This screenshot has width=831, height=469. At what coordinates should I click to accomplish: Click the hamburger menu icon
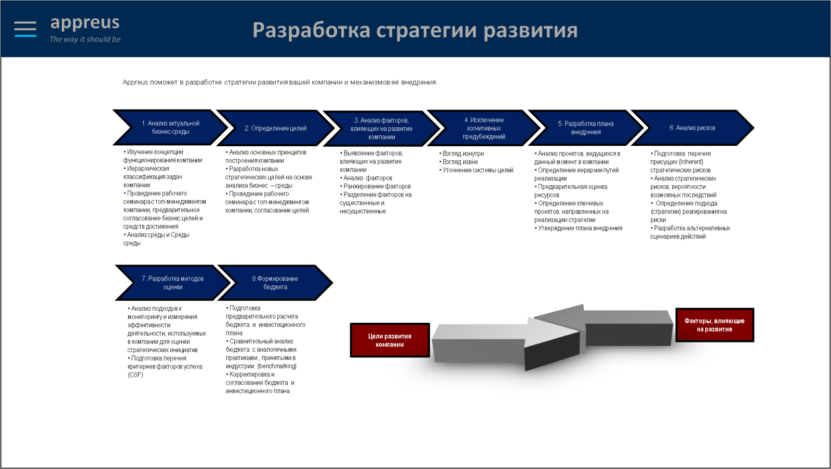[25, 29]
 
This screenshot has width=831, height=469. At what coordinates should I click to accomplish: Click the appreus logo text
[85, 23]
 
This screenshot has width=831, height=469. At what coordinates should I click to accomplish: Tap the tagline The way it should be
[85, 39]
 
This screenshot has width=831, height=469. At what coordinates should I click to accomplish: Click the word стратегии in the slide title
[426, 31]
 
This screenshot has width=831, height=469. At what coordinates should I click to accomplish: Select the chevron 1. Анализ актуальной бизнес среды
[170, 128]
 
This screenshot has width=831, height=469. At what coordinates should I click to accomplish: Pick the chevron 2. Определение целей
[275, 128]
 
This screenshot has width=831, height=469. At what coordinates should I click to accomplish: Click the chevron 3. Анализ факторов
[381, 129]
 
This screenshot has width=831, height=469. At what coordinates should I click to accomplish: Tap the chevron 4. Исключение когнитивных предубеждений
[484, 128]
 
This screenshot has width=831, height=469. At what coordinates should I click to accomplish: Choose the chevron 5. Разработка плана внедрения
[585, 128]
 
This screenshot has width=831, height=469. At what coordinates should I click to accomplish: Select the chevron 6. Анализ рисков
[692, 128]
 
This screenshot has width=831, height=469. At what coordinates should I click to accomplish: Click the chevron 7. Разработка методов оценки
[172, 283]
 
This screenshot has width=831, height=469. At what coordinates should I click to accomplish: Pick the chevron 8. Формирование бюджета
[275, 283]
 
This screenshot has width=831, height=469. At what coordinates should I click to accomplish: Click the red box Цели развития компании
[390, 340]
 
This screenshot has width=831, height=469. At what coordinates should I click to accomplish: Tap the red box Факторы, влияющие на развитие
[715, 325]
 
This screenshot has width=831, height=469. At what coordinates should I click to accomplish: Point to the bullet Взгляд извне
[459, 162]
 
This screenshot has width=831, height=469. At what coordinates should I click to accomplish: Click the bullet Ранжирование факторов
[376, 186]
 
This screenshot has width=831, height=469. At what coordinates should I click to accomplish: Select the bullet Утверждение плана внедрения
[579, 228]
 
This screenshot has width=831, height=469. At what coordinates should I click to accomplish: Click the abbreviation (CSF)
[136, 375]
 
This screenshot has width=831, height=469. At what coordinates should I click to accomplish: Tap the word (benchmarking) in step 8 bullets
[277, 366]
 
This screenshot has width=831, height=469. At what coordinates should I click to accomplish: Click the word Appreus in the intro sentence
[135, 82]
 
